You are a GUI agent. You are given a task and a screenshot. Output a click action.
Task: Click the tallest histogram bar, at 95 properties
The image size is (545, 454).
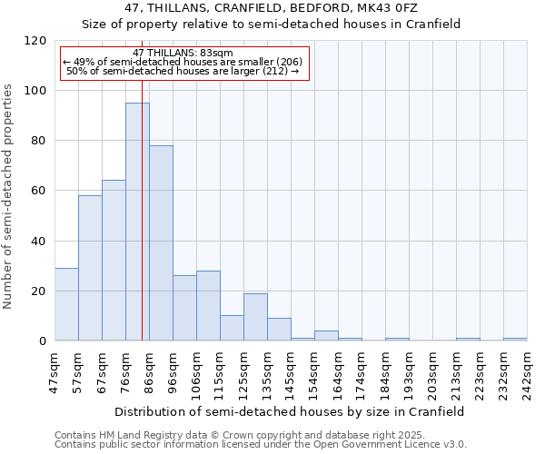(137, 222)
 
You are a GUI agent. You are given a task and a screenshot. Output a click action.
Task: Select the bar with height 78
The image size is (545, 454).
(161, 243)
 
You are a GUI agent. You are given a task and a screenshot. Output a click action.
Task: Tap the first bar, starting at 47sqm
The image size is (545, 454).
(66, 304)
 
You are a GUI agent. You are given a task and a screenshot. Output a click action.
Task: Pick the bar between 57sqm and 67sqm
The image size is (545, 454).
(90, 268)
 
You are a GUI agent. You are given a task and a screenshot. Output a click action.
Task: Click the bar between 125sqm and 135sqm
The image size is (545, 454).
(255, 317)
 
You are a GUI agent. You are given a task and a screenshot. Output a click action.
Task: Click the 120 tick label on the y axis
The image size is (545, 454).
(35, 41)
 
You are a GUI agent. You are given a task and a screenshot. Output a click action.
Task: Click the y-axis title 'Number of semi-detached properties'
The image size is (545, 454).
(10, 192)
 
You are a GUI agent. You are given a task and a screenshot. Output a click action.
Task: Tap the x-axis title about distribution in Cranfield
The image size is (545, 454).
(291, 411)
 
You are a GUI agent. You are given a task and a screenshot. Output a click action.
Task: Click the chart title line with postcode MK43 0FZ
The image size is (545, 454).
(272, 8)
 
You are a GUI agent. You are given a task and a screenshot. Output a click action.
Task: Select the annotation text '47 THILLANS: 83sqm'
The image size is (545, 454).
(183, 54)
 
